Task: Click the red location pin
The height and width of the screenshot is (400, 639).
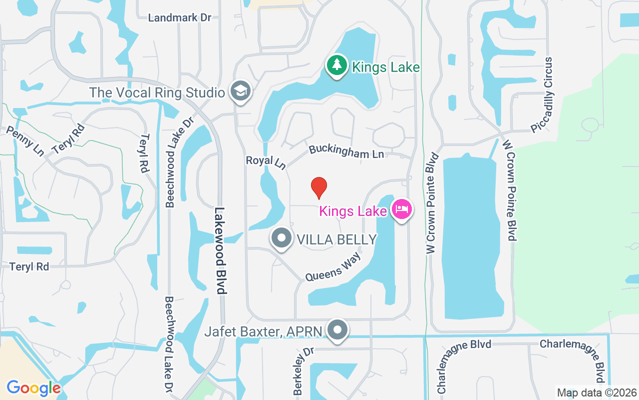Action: coord(319,187)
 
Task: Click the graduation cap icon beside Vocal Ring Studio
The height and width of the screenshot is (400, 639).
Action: coord(241,91)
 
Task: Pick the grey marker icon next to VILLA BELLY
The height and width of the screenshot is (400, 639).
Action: coord(282,238)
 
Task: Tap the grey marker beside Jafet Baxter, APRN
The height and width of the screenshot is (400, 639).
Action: coord(338,330)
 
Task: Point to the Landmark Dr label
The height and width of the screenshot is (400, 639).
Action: coord(180,17)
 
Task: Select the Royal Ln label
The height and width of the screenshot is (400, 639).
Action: coord(266,161)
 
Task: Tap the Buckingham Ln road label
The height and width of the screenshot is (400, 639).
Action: coord(346,151)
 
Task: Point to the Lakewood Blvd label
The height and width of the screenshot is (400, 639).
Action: coord(220,250)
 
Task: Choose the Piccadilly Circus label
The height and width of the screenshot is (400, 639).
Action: coord(543,95)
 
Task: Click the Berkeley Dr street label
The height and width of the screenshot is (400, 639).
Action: coord(303,371)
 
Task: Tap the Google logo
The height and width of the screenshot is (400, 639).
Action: coord(33,387)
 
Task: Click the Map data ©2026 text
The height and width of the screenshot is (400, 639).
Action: coord(597,393)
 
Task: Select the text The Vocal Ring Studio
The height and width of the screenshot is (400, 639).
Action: coord(157,92)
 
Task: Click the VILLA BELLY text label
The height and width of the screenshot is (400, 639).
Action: coord(336,239)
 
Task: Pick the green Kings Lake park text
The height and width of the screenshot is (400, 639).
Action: coord(385,67)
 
